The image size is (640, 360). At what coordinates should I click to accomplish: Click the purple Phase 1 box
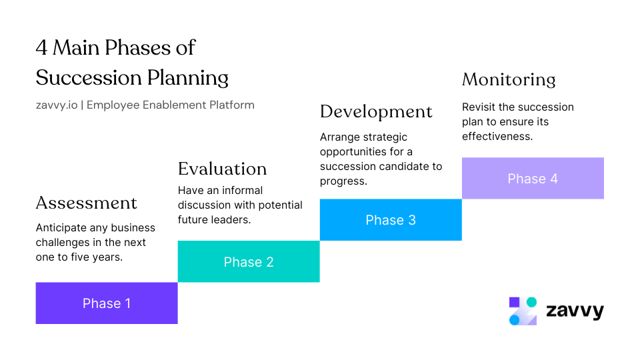tap(107, 303)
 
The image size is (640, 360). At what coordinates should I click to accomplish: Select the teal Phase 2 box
tap(249, 262)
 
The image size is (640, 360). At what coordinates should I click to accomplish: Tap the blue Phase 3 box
tap(391, 220)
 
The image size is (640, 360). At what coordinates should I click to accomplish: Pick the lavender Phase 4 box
tap(533, 179)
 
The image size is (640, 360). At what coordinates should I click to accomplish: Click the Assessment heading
tap(86, 203)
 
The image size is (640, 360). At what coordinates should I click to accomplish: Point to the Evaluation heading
tap(222, 168)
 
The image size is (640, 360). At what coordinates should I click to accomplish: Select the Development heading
tap(376, 111)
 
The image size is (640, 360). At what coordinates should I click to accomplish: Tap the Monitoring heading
tap(509, 79)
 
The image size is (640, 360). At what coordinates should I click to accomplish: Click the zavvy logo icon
tap(523, 311)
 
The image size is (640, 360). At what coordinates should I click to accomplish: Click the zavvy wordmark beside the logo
tap(575, 311)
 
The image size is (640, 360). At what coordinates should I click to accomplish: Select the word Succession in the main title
tap(81, 77)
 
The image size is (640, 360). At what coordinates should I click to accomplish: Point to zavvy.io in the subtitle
tap(56, 105)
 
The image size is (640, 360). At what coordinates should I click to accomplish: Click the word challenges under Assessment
tap(63, 243)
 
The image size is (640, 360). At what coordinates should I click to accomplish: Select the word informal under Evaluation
tap(239, 191)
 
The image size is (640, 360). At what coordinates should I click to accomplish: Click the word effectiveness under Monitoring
tap(497, 136)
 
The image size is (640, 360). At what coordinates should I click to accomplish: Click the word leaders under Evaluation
tap(232, 219)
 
